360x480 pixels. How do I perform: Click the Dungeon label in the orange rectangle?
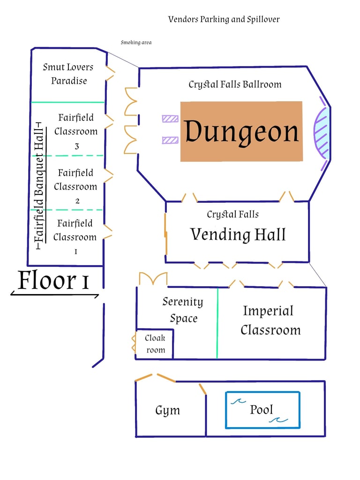click(241, 132)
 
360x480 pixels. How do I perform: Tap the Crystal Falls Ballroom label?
click(235, 85)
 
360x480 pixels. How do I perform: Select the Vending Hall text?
click(238, 234)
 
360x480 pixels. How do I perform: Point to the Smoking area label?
click(136, 43)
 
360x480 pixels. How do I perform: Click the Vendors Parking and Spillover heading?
click(224, 19)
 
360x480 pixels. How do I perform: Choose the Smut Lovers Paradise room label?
click(68, 74)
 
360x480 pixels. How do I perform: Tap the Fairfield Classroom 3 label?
click(76, 131)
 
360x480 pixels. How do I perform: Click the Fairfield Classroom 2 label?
click(75, 186)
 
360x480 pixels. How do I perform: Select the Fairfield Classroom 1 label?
click(75, 237)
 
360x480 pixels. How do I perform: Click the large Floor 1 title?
click(54, 281)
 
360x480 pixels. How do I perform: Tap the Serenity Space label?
click(183, 310)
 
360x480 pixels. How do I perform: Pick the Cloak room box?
click(155, 344)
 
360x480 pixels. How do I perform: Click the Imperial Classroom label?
click(270, 320)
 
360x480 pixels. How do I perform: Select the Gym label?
click(167, 411)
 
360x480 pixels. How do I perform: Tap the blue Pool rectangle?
click(262, 410)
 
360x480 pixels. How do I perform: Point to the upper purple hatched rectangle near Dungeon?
click(170, 119)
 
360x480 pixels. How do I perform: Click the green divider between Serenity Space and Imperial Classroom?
click(217, 323)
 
